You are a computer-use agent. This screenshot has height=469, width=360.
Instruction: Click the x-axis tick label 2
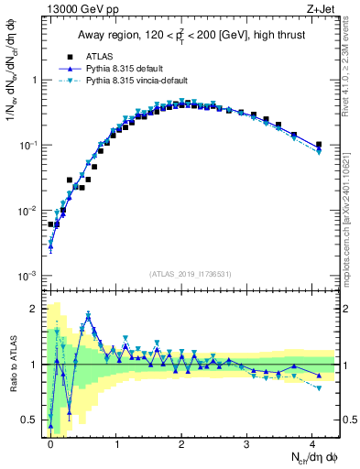pos(181,442)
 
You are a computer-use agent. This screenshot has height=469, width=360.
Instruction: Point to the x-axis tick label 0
pos(50,442)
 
